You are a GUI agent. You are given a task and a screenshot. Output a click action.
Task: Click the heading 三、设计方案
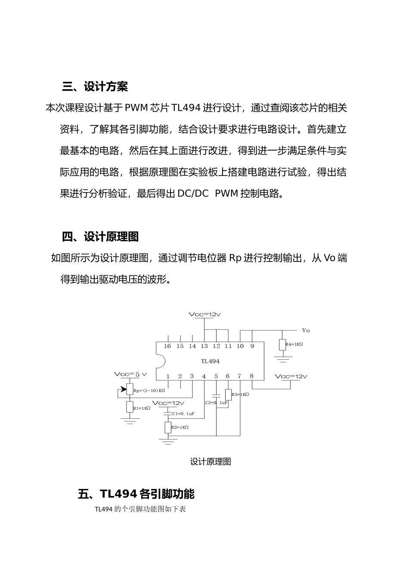click(x=95, y=87)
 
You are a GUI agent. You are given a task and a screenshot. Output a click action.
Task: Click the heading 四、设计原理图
click(x=100, y=237)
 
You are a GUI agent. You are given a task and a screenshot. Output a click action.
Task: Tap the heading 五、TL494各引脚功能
click(x=136, y=494)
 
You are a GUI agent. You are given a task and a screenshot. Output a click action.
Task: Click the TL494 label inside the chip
click(x=210, y=361)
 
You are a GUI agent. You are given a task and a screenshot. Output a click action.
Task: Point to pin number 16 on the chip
click(x=167, y=346)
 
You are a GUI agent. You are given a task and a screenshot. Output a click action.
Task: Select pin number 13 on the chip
click(x=204, y=346)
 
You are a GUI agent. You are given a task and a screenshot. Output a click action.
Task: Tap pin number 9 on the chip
click(x=252, y=346)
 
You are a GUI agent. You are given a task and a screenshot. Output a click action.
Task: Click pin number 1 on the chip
click(x=168, y=376)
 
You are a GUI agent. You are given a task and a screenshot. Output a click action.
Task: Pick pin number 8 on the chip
click(x=251, y=376)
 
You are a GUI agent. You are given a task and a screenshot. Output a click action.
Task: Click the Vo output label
click(x=306, y=330)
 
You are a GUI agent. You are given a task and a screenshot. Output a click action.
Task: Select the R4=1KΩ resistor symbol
click(x=282, y=345)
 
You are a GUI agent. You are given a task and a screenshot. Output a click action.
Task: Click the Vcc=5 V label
click(x=130, y=374)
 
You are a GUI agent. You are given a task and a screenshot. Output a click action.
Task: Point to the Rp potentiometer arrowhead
click(x=124, y=389)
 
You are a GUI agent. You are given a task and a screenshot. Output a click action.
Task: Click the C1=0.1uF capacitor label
click(x=183, y=414)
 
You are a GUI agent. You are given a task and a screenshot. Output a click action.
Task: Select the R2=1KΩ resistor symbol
click(x=168, y=427)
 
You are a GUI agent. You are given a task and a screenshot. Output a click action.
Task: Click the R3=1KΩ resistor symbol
click(x=228, y=395)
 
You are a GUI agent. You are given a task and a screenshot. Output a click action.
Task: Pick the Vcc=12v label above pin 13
click(x=204, y=315)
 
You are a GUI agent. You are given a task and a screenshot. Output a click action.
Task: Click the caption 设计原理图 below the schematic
click(x=211, y=462)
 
